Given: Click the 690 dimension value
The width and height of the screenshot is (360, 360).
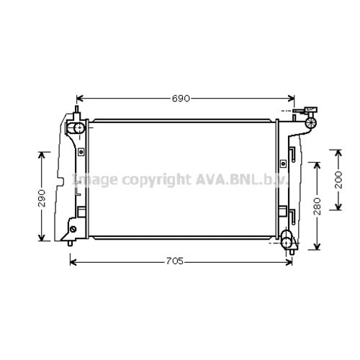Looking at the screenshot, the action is point(181,99).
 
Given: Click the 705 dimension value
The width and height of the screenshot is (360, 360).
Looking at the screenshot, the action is point(175,261).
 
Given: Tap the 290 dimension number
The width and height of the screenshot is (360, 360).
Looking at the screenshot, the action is point(42,198).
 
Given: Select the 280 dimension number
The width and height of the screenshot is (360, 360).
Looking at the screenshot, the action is point(317,206).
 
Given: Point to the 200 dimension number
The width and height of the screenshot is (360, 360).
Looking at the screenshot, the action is point(338,179).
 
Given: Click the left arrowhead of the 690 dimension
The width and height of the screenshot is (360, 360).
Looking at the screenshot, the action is point(80,99).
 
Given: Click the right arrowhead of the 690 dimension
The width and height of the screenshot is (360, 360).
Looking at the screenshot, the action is point(291,99).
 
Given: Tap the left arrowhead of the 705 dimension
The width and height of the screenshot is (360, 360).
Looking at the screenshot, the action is point(73,262).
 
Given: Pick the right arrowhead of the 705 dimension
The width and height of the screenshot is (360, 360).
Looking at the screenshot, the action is point(289,262).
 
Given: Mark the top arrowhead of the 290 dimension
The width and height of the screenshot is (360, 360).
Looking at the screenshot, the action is point(42,155).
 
